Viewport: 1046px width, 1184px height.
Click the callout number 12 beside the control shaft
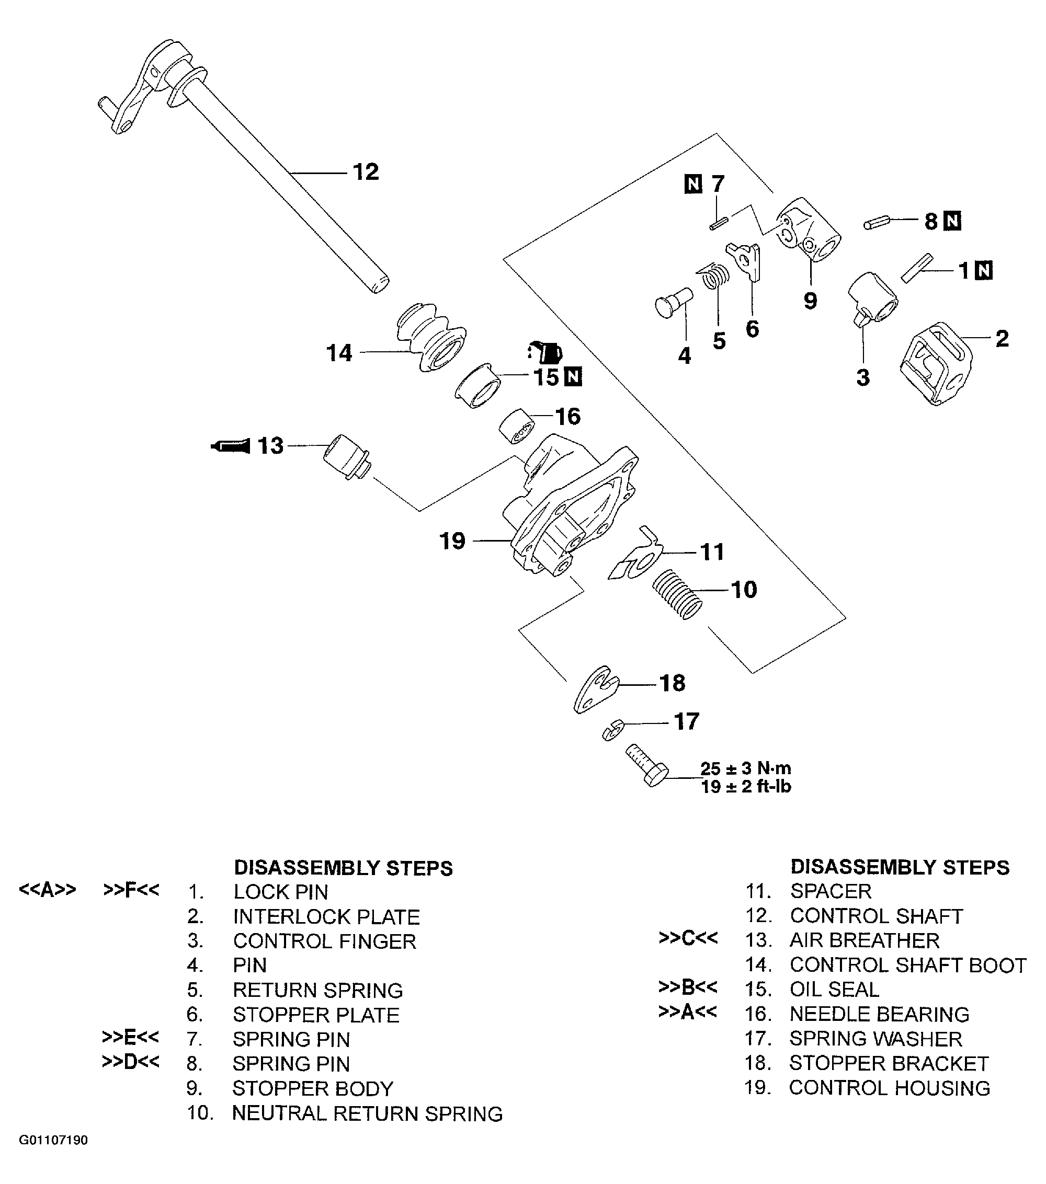366,172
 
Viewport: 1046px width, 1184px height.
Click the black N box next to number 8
952,221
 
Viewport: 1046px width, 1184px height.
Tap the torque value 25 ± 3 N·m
745,768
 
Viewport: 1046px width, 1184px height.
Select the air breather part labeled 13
346,457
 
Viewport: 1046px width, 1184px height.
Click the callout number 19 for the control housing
452,541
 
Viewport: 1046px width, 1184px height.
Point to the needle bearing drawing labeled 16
517,427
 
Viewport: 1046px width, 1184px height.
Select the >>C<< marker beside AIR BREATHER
688,938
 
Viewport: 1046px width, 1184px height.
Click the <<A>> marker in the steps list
48,889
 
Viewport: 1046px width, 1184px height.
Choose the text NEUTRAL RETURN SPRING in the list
367,1113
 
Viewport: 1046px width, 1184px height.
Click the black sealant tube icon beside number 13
230,446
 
